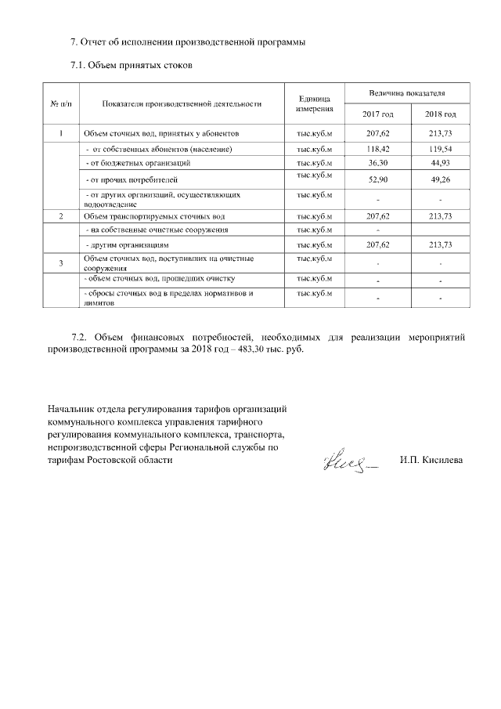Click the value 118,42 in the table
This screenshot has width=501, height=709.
pyautogui.click(x=377, y=148)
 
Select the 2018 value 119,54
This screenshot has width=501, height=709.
pyautogui.click(x=440, y=148)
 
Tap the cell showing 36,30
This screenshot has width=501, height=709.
pyautogui.click(x=377, y=163)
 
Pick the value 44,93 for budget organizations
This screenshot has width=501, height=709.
pyautogui.click(x=440, y=163)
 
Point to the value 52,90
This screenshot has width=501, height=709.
pyautogui.click(x=377, y=181)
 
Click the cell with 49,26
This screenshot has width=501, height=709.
pyautogui.click(x=440, y=181)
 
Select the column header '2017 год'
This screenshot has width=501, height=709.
pyautogui.click(x=377, y=114)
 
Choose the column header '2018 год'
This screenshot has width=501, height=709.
pyautogui.click(x=440, y=114)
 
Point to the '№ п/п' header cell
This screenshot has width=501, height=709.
pyautogui.click(x=60, y=103)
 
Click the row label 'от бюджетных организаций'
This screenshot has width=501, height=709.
pyautogui.click(x=137, y=163)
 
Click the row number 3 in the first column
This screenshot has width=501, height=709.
pyautogui.click(x=60, y=262)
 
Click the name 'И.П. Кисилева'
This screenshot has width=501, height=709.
pyautogui.click(x=431, y=460)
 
